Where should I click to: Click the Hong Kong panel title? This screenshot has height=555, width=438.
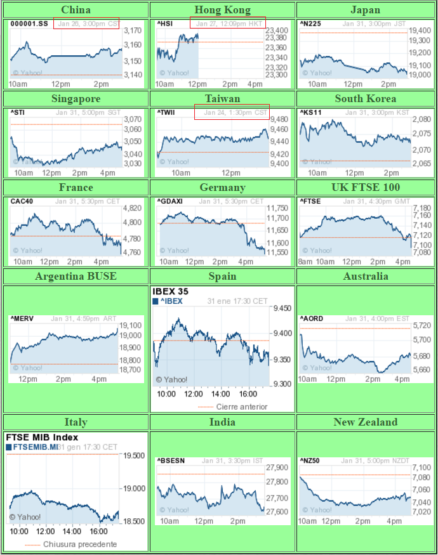pos(222,10)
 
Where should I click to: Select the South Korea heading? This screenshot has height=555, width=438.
pos(366,98)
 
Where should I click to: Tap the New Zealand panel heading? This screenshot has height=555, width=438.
pos(366,422)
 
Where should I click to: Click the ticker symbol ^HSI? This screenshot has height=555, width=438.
pos(165,24)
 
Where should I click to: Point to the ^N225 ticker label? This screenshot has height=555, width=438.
pos(310,24)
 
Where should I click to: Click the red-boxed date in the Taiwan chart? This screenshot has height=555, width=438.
pos(232,112)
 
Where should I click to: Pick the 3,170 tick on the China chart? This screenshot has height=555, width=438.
pos(132,30)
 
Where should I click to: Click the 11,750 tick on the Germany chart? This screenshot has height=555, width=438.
pos(277,208)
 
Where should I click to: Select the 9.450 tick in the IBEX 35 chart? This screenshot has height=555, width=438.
pos(282,308)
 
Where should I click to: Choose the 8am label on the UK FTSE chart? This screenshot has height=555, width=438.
pos(305,261)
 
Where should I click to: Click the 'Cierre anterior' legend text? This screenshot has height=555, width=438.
pos(241,407)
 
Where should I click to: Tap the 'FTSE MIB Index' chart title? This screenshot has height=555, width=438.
pos(42,437)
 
